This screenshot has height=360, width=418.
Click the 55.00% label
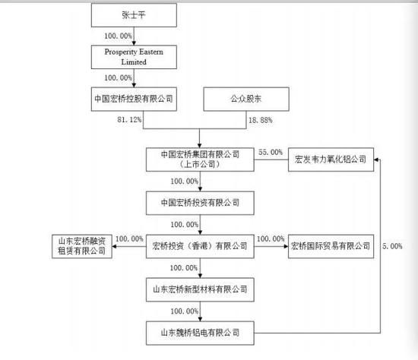(271, 153)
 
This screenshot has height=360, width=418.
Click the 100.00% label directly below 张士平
(119, 35)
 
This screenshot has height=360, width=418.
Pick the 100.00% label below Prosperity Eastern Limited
(119, 77)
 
